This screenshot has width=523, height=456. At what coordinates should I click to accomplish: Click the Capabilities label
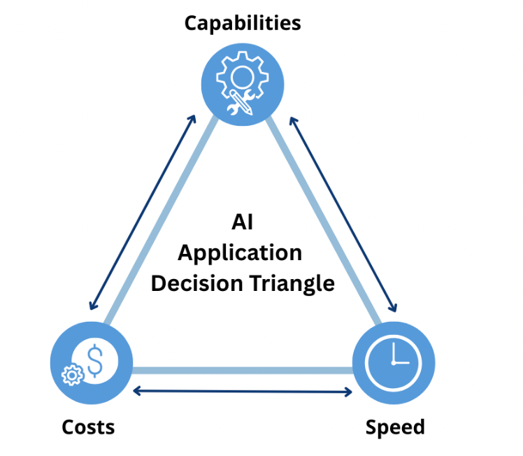242,23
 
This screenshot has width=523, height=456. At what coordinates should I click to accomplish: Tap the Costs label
88,426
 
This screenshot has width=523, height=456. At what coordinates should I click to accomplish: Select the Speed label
395,426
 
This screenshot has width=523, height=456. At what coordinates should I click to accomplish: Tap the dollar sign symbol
95,360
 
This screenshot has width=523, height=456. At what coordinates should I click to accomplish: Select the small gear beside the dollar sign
71,375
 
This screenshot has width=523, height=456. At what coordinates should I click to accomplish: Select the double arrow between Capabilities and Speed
343,214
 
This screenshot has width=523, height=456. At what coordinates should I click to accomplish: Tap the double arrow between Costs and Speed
243,391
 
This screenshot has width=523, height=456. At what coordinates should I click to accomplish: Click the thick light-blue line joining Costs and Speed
243,370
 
